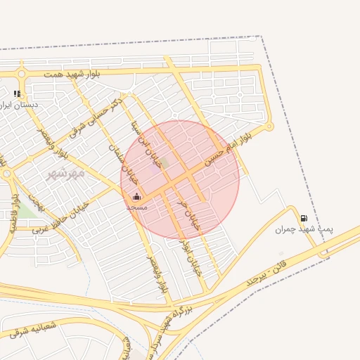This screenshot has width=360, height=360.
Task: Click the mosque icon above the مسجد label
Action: [x=136, y=197]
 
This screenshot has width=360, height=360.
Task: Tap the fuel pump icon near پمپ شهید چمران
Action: [x=304, y=218]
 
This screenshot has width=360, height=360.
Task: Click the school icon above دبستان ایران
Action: [x=17, y=93]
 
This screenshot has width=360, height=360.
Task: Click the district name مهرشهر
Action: [x=65, y=173]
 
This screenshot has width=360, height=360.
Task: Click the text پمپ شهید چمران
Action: [x=304, y=230]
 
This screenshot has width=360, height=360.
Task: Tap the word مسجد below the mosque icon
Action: [x=136, y=207]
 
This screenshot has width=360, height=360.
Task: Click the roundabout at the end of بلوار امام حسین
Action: [x=268, y=127]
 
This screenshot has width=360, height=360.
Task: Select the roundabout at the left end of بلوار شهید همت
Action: [x=22, y=73]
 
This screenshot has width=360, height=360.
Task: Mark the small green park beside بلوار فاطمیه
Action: [x=26, y=209]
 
